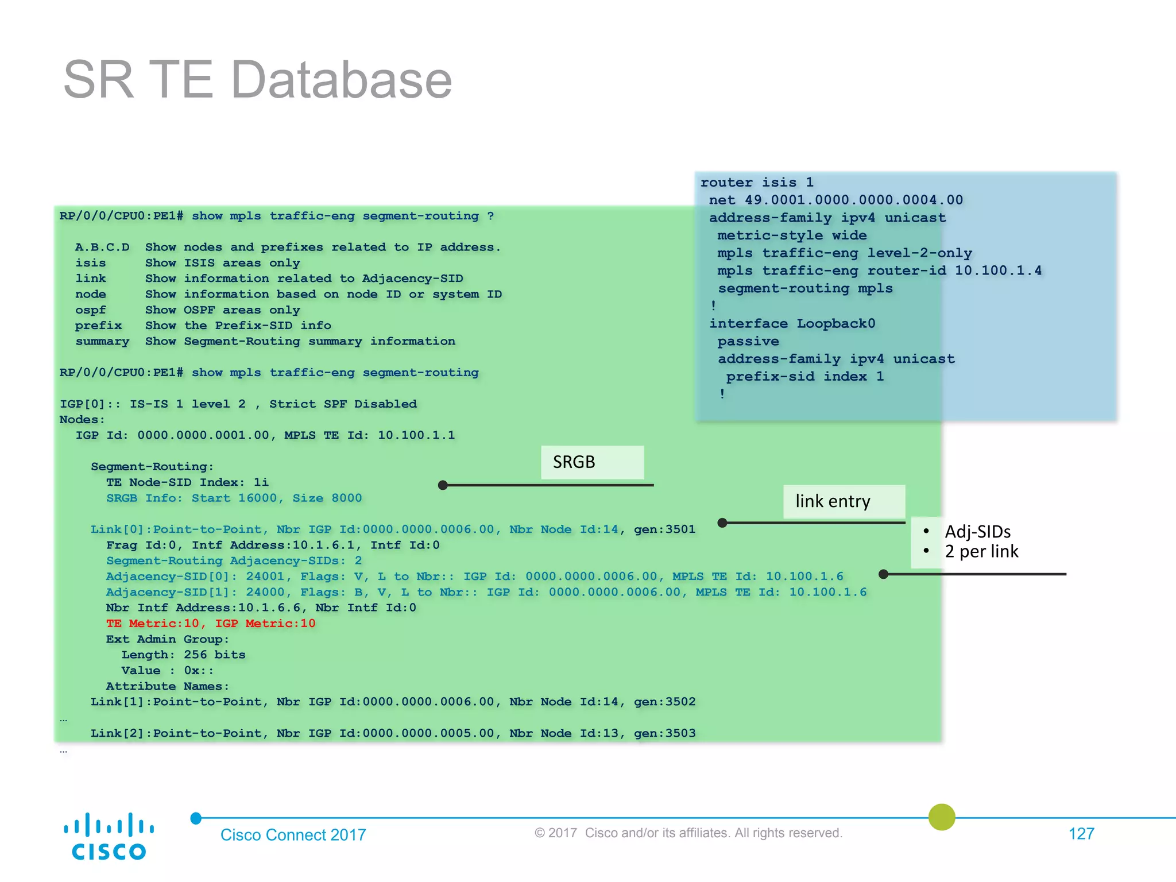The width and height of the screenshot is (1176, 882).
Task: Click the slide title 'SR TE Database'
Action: click(x=257, y=80)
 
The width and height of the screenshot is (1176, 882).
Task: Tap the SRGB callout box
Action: click(x=592, y=462)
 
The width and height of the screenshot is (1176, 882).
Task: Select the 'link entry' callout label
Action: click(x=844, y=501)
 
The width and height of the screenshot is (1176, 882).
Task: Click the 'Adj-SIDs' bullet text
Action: click(x=977, y=532)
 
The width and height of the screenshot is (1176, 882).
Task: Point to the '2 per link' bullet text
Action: click(x=981, y=552)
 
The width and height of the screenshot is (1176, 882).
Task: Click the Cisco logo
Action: click(x=109, y=836)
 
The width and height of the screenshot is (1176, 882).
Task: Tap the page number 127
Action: click(x=1081, y=834)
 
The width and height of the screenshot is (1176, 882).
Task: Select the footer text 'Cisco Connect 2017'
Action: click(x=293, y=835)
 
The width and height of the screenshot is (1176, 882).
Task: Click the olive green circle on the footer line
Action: click(x=942, y=817)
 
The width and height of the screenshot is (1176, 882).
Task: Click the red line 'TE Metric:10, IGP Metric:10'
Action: click(x=211, y=624)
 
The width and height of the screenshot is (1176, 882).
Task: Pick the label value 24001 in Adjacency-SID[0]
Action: click(x=265, y=577)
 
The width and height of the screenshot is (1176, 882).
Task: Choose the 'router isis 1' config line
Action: click(x=757, y=183)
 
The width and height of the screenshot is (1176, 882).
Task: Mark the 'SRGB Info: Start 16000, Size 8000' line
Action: click(x=234, y=498)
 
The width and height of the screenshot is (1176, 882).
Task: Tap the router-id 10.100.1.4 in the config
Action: click(x=998, y=270)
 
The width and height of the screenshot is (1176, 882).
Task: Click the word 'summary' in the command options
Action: click(x=102, y=342)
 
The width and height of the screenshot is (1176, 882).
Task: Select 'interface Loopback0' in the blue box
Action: click(x=792, y=324)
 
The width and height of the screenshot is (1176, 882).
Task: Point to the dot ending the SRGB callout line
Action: click(x=443, y=485)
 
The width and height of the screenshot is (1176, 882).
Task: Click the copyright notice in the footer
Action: click(x=688, y=833)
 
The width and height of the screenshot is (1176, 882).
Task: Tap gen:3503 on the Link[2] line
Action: click(x=664, y=733)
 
